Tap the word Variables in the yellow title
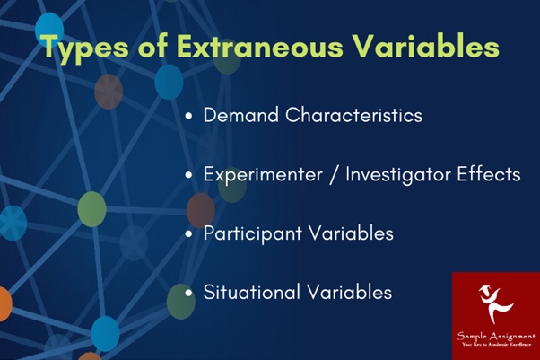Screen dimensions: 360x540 pos(425,47)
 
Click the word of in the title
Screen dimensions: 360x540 pos(148,47)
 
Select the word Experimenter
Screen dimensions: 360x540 pos(259,174)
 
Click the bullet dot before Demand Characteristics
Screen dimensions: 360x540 pos(188,117)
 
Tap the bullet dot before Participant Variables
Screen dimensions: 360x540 pos(188,234)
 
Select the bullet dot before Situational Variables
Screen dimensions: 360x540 pos(188,293)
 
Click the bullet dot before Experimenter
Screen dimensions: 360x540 pos(188,175)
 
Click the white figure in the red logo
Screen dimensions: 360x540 pos(495,302)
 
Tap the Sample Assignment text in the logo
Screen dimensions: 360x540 pos(495,333)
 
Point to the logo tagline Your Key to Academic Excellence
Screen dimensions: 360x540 pos(495,344)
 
